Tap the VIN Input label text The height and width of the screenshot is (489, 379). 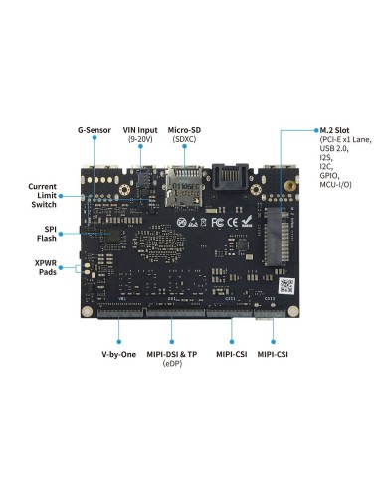pyautogui.click(x=140, y=130)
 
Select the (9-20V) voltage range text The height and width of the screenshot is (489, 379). pyautogui.click(x=140, y=140)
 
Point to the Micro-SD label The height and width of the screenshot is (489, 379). pyautogui.click(x=185, y=130)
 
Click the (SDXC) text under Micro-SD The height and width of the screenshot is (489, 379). pyautogui.click(x=185, y=140)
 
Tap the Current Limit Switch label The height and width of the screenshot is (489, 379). pyautogui.click(x=42, y=196)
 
